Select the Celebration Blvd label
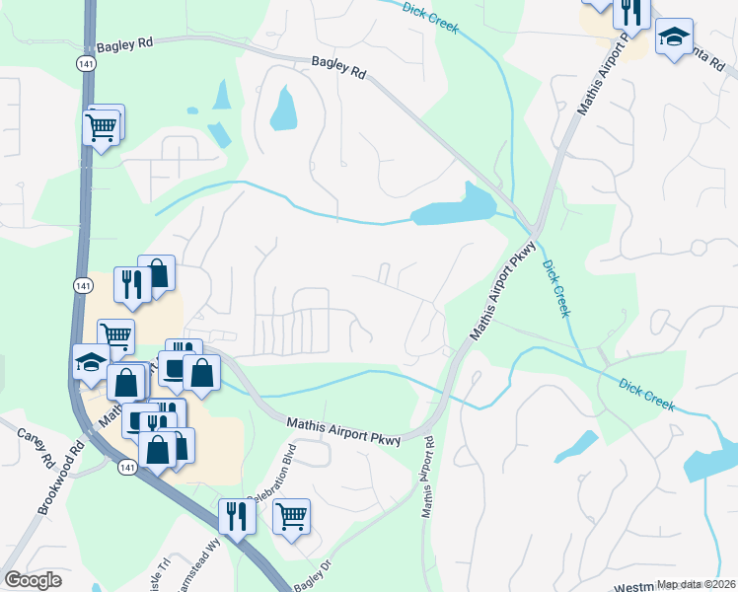click(277, 479)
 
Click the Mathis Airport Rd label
click(429, 480)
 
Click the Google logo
click(33, 580)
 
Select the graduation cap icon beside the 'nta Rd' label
click(674, 38)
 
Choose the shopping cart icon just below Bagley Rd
click(103, 126)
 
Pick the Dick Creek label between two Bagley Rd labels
click(431, 18)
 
